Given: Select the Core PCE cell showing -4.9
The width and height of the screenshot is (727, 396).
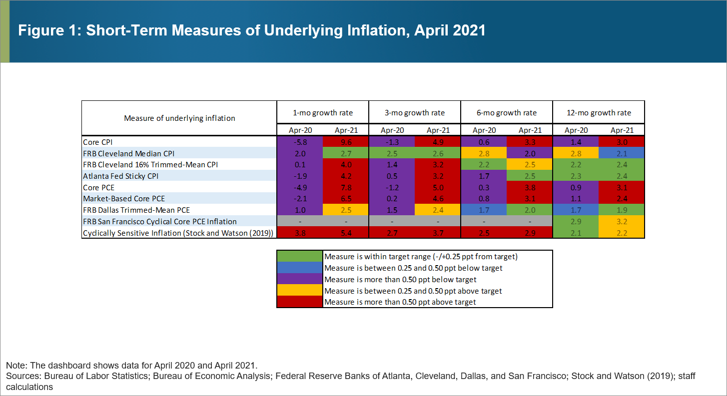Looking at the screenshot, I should click(300, 187).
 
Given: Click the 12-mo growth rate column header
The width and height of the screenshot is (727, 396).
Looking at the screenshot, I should click(599, 113).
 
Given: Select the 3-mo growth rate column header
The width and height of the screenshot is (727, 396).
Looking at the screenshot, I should click(414, 113).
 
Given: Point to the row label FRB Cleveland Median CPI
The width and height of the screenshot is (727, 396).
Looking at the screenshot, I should click(128, 153).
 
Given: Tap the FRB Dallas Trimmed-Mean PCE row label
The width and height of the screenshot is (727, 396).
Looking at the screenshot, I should click(136, 210).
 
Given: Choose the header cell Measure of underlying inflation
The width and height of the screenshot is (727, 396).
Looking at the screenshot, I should click(179, 118).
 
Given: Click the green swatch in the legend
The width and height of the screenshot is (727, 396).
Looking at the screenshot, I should click(300, 256).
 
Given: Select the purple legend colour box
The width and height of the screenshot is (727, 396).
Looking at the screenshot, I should click(300, 279).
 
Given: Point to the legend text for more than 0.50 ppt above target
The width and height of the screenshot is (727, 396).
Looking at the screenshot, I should click(400, 302).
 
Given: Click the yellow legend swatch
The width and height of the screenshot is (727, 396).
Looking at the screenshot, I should click(300, 291).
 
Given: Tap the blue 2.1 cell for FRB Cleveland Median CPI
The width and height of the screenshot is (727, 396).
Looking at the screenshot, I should click(621, 153).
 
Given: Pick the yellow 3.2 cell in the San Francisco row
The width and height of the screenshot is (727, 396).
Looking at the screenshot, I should click(621, 221).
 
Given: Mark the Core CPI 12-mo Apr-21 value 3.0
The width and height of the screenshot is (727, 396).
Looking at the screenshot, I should click(621, 142).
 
